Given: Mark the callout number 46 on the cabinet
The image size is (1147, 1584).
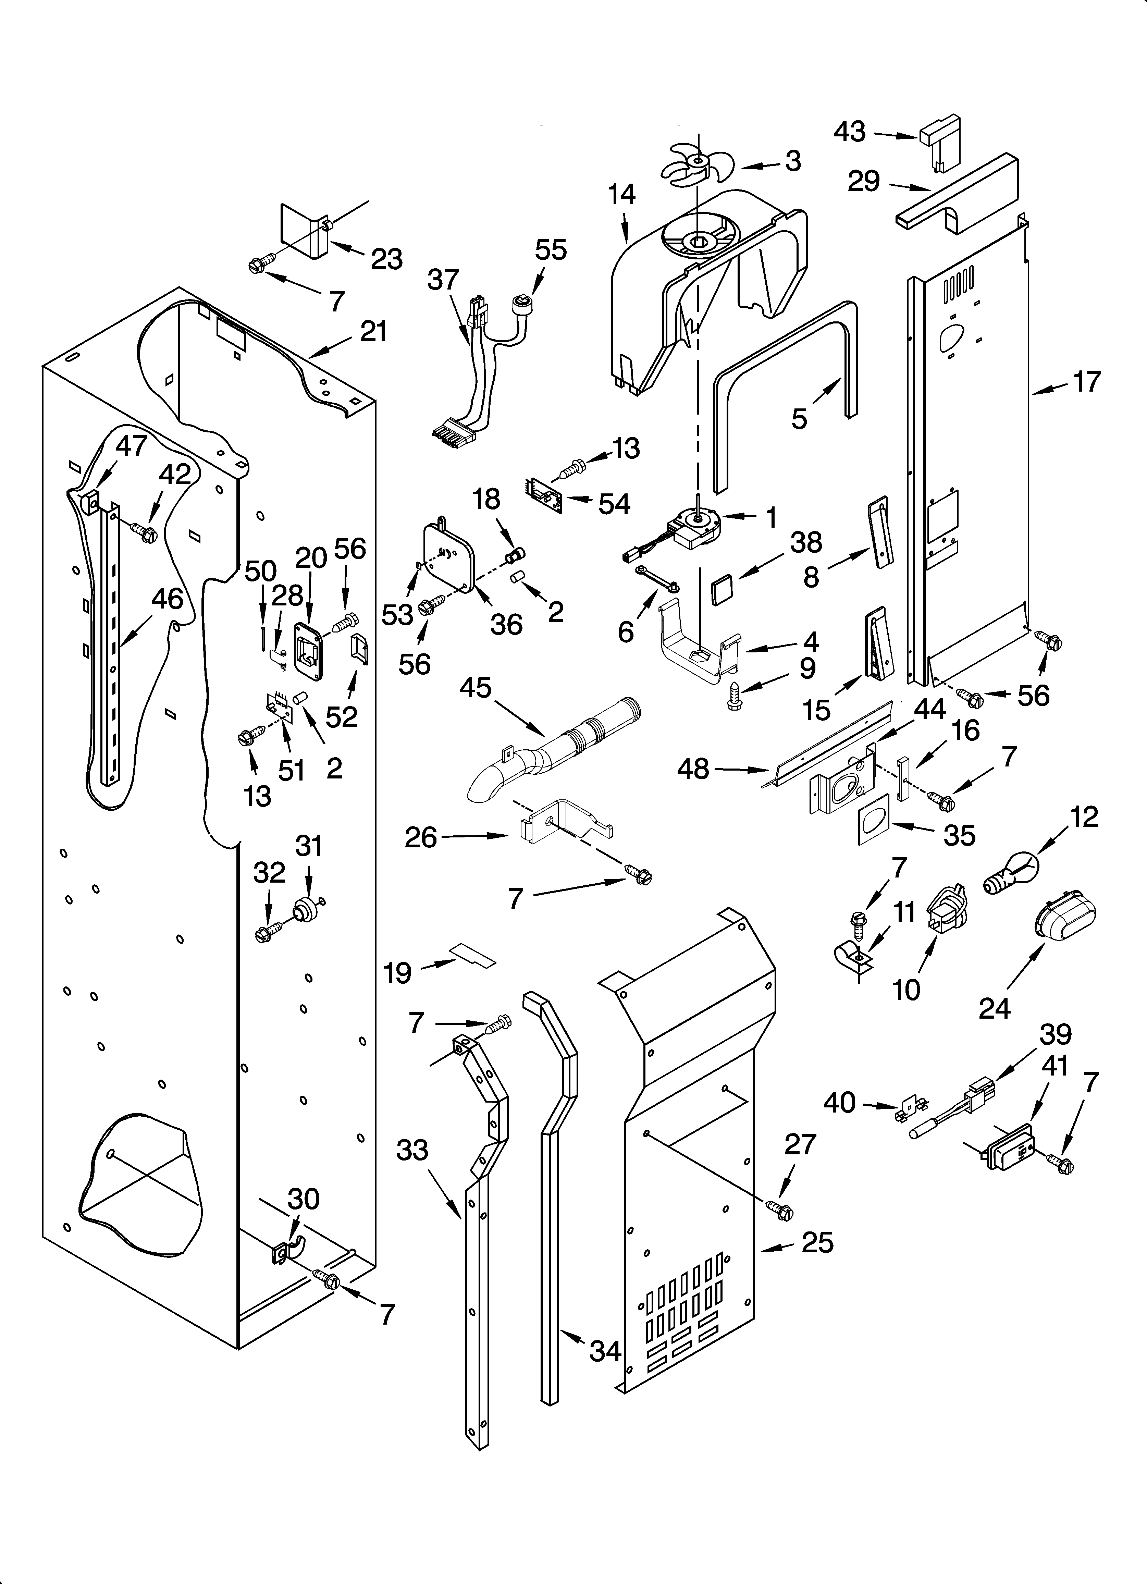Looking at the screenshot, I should (168, 599).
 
